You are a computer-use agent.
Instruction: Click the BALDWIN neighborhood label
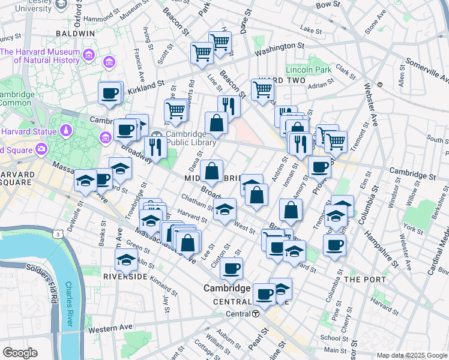(x=76, y=34)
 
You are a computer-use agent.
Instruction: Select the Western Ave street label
(x=110, y=328)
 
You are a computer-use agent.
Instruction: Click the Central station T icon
(x=256, y=314)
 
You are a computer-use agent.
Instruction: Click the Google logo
(x=20, y=353)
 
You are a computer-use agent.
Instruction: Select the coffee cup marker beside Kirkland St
(x=110, y=94)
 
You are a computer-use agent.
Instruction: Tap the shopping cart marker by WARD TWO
(x=262, y=89)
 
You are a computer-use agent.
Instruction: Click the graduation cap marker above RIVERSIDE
(x=126, y=260)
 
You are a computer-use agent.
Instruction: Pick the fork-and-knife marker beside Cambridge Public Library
(x=155, y=147)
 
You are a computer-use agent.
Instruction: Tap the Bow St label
(x=328, y=4)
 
